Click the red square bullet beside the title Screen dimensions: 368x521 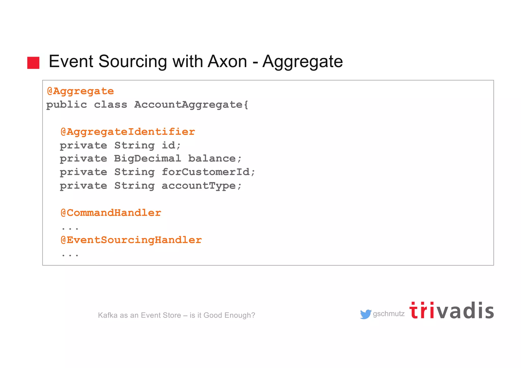pos(33,63)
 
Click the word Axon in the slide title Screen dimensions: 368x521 pos(227,61)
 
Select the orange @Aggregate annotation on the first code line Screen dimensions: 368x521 pos(80,91)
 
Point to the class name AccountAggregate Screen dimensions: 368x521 pos(189,105)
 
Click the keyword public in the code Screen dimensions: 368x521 pos(66,105)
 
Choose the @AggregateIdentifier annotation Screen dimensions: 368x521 pos(128,132)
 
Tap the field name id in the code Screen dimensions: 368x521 pos(169,145)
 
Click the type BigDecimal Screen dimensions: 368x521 pos(148,158)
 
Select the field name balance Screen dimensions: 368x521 pos(212,158)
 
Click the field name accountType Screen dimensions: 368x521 pos(199,186)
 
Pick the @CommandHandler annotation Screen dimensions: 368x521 pos(111,213)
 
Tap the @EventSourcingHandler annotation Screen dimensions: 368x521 pos(131,240)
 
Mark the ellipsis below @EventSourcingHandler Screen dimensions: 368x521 pos(70,255)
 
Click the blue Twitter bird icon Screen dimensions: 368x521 pos(366,314)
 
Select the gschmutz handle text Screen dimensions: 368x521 pos(389,314)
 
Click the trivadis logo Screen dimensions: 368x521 pos(451,311)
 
